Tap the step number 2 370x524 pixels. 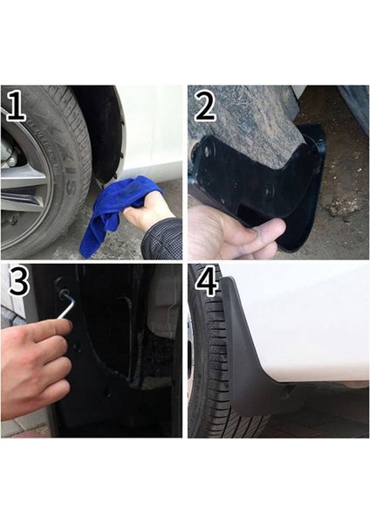coord(205,107)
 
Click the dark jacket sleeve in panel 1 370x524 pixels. coord(165,239)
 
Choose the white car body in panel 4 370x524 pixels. coord(305,323)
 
